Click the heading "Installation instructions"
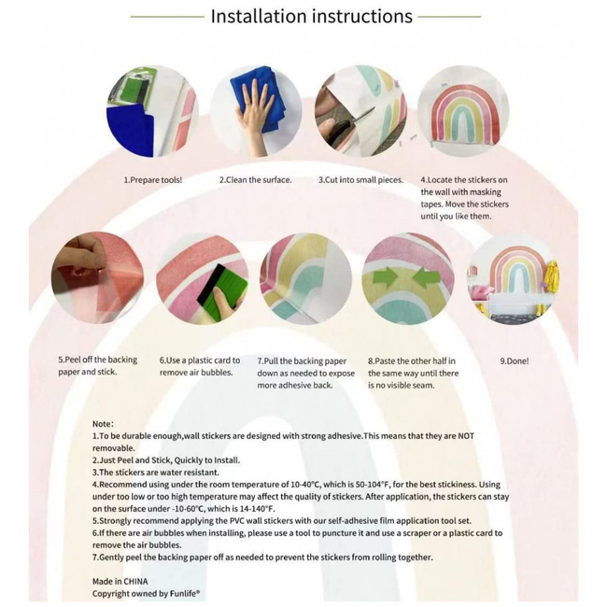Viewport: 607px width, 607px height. pyautogui.click(x=311, y=16)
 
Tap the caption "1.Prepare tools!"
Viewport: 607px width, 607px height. pyautogui.click(x=152, y=180)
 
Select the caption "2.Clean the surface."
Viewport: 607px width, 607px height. pyautogui.click(x=255, y=180)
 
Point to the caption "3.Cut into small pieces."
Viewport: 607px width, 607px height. pyautogui.click(x=360, y=180)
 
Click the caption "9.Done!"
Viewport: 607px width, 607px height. pyautogui.click(x=515, y=361)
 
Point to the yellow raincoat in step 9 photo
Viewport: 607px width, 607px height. pyautogui.click(x=551, y=275)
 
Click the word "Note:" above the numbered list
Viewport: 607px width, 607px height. pyautogui.click(x=103, y=424)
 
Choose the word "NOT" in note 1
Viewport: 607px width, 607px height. pyautogui.click(x=466, y=436)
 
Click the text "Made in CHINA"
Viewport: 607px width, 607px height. pyautogui.click(x=120, y=581)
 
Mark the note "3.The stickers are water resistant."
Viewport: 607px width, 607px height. pyautogui.click(x=156, y=473)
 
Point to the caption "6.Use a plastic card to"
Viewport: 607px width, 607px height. pyautogui.click(x=200, y=360)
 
